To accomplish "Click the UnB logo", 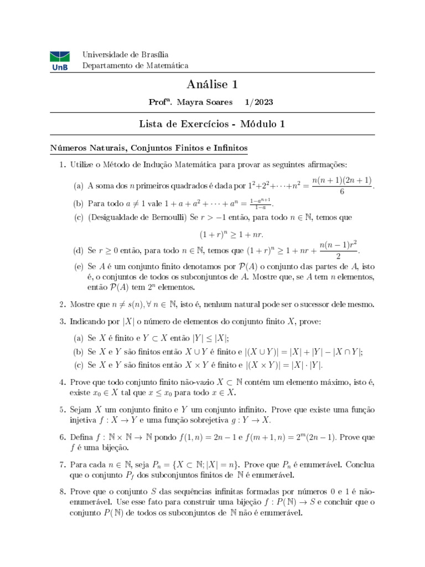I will (x=59, y=60).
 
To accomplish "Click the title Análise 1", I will (x=212, y=85).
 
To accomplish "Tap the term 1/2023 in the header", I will (x=258, y=102).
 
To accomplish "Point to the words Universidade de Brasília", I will (x=125, y=54).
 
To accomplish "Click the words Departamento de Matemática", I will (x=135, y=65).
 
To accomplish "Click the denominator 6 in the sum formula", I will (x=343, y=191).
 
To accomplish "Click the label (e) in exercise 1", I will (x=78, y=266).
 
